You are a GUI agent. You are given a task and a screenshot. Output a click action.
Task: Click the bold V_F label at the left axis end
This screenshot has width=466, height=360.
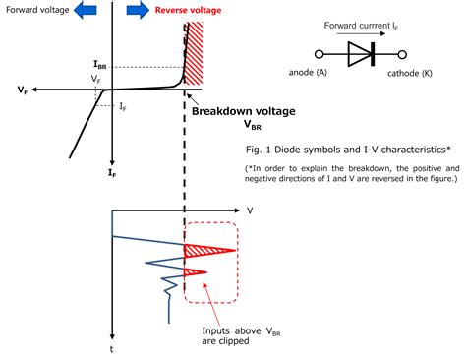point(22,90)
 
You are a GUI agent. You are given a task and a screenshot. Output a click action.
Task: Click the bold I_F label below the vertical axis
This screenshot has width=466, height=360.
point(113,172)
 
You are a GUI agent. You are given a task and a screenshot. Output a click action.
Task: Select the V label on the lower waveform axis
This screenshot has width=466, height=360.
point(250,210)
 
